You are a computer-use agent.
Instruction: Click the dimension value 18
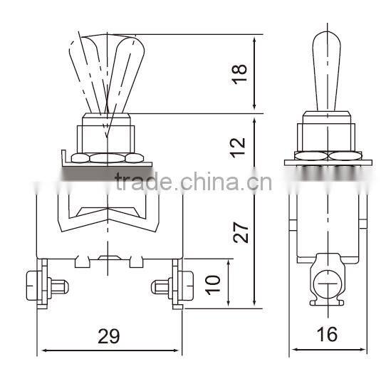pyautogui.click(x=240, y=71)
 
